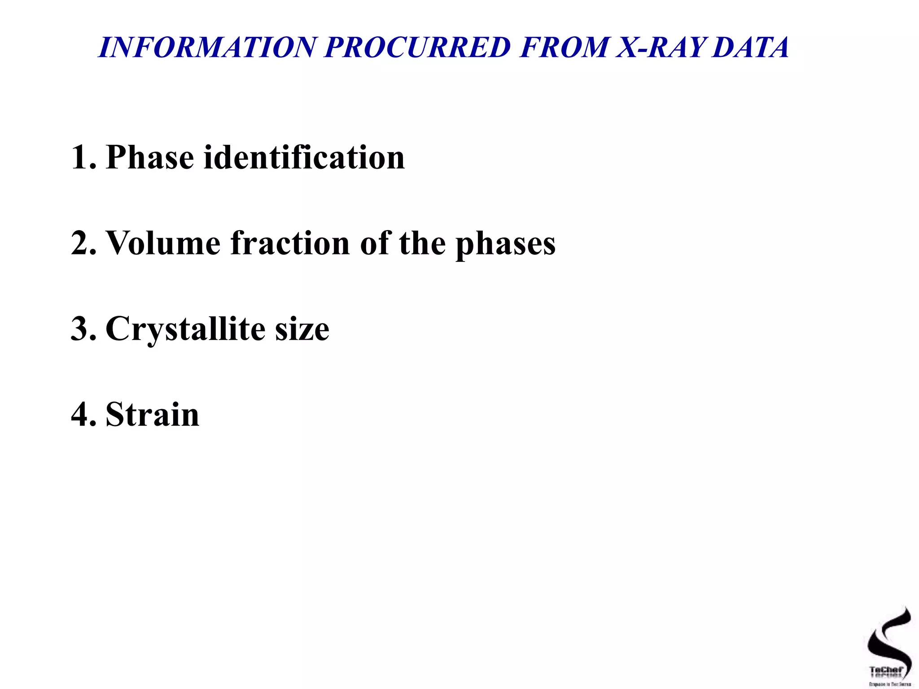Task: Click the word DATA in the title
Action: point(750,47)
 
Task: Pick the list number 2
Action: point(83,243)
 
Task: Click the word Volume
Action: point(163,243)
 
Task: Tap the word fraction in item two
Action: point(290,243)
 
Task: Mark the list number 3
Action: point(83,329)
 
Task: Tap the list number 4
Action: point(83,414)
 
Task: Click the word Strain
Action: point(153,414)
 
